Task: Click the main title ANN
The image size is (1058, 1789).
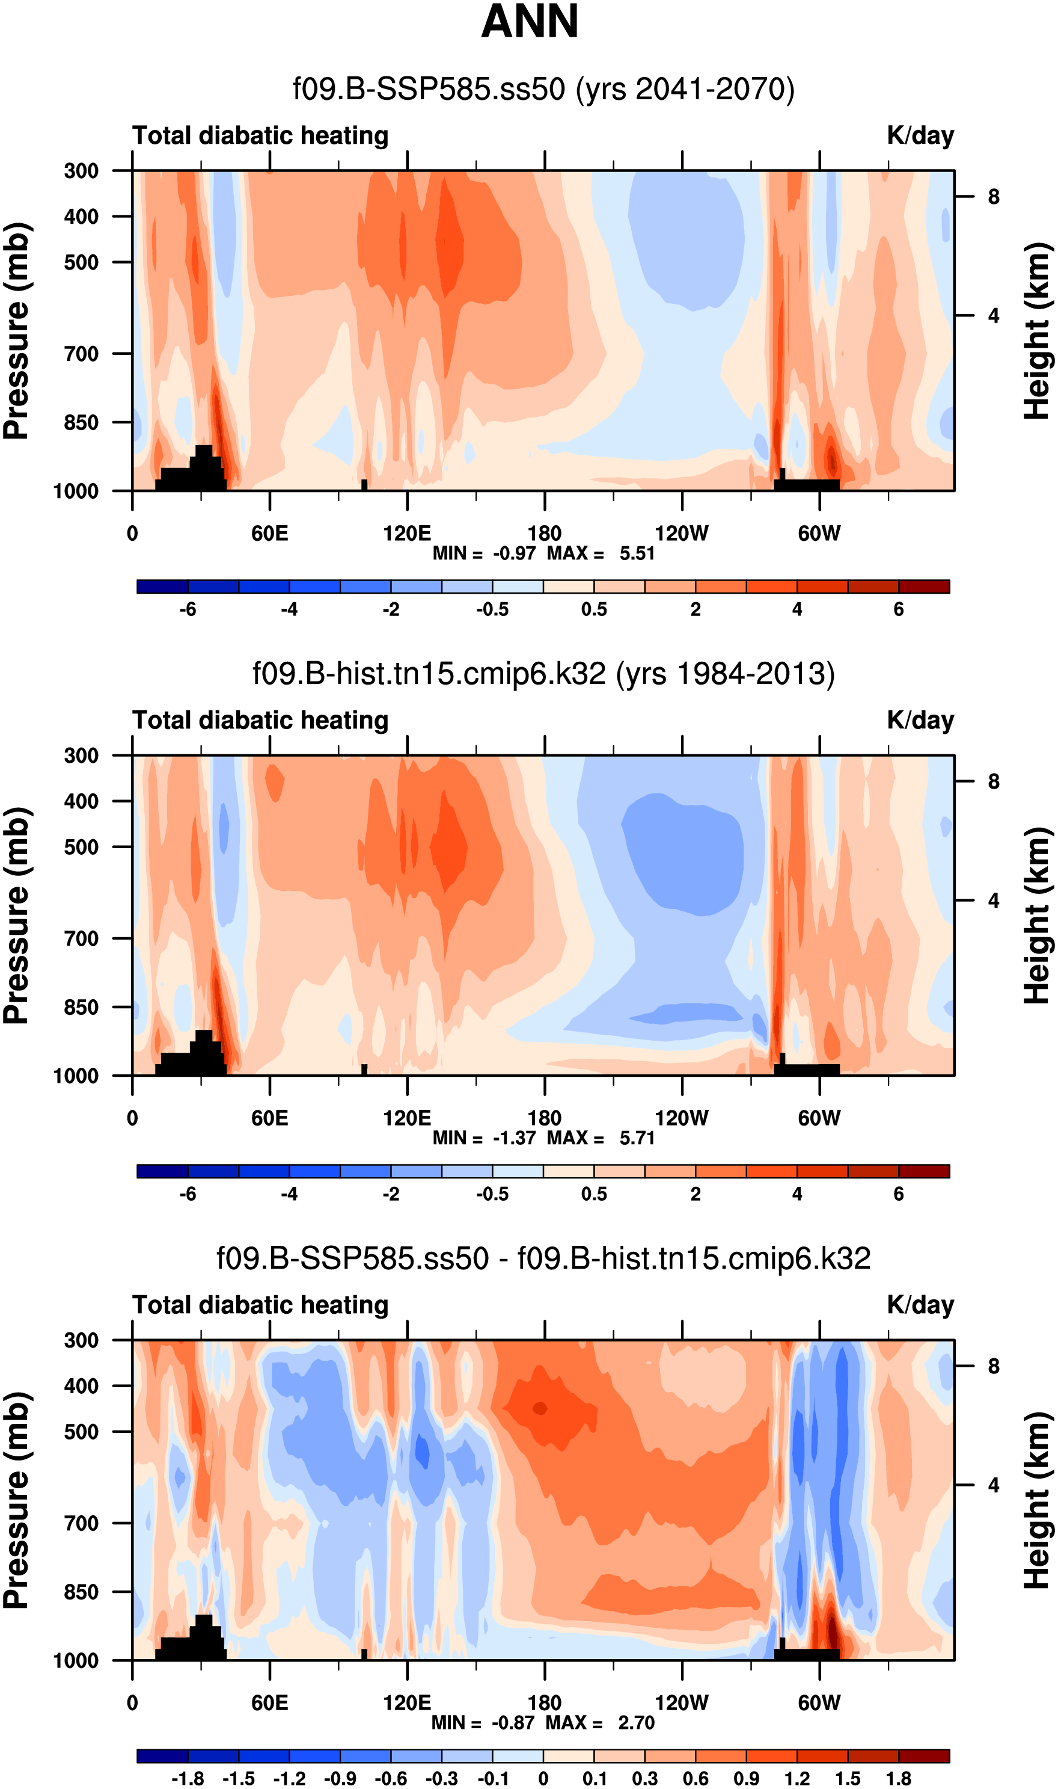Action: [x=529, y=22]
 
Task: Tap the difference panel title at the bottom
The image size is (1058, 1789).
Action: [x=543, y=1258]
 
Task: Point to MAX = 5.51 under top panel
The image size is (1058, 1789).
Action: [x=601, y=553]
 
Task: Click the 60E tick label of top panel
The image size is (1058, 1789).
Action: [x=269, y=534]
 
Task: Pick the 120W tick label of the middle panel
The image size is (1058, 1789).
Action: [x=682, y=1118]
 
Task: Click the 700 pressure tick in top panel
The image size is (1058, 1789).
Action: [x=82, y=354]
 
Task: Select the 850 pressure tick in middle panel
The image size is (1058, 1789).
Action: [x=82, y=1007]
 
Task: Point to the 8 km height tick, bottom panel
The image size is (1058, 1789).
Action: [x=993, y=1366]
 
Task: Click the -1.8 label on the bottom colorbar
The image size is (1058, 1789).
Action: [x=188, y=1778]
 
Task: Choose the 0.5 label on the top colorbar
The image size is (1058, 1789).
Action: [x=594, y=610]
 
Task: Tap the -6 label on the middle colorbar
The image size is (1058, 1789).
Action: [x=188, y=1194]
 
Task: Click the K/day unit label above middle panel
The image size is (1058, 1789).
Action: [x=920, y=721]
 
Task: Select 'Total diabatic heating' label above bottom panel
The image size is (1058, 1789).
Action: [x=260, y=1305]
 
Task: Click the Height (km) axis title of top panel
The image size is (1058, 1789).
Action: [x=1038, y=330]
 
